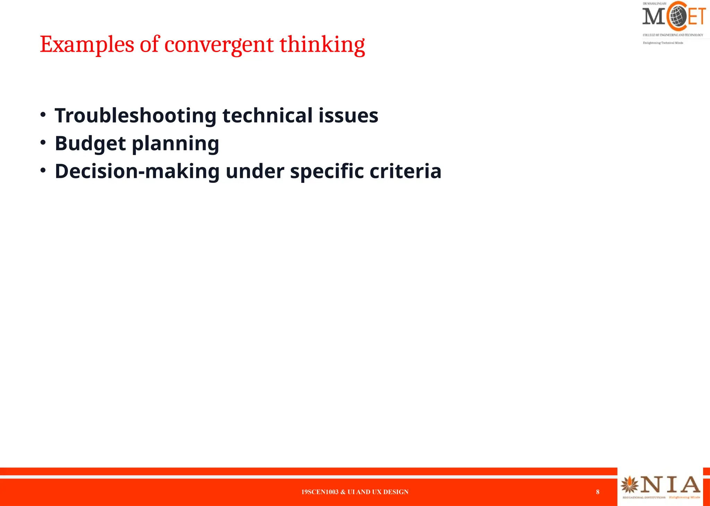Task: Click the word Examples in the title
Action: coord(87,45)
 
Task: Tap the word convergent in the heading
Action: coord(219,45)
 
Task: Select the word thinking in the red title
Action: coord(322,45)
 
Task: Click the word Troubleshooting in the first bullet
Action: coord(136,116)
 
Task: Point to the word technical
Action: coord(267,116)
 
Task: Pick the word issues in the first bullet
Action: coord(348,116)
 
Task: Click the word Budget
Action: coord(90,143)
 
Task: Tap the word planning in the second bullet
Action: coord(175,143)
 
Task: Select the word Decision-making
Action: coord(137,171)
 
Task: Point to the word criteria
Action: coord(405,171)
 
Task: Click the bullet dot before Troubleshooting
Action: coord(43,115)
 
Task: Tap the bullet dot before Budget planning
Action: coord(43,142)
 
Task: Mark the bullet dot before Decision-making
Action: coord(43,170)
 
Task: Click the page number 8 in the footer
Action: coord(598,492)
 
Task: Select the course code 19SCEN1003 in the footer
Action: coord(320,492)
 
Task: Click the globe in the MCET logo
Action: coord(678,16)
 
